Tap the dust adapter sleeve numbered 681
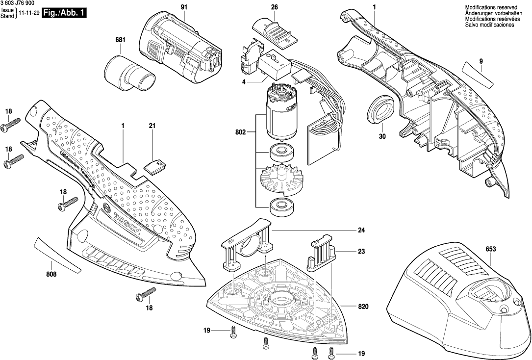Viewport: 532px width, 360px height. click(129, 73)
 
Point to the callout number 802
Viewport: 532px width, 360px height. click(240, 132)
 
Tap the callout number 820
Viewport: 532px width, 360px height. click(363, 307)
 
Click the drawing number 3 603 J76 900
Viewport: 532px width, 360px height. click(18, 3)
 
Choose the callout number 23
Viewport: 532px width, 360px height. click(361, 252)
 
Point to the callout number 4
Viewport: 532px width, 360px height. click(243, 81)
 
